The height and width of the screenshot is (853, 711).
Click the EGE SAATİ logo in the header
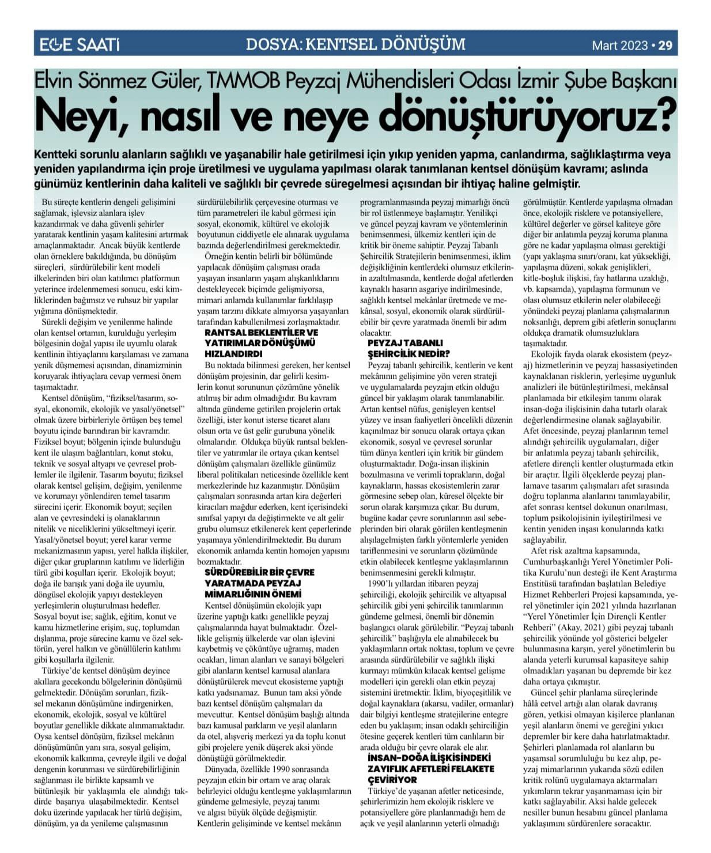(x=79, y=44)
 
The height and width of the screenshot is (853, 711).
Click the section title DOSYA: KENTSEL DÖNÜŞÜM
(x=355, y=44)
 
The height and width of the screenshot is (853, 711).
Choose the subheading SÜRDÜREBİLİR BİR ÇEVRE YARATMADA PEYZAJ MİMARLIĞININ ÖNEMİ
(x=260, y=583)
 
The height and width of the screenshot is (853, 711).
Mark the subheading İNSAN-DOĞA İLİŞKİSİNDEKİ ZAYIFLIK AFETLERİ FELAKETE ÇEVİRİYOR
(x=430, y=768)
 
